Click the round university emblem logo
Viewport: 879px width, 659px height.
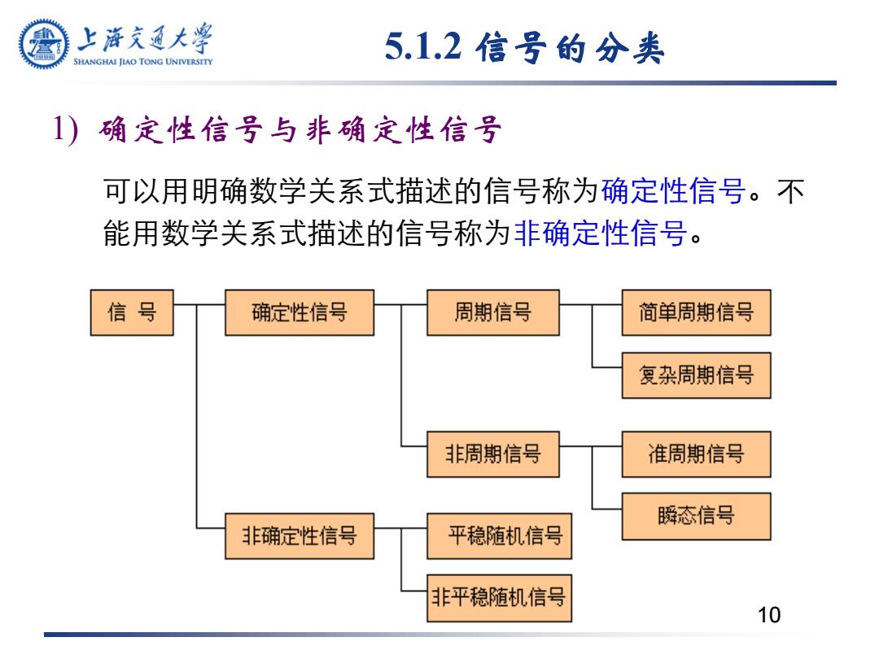[44, 44]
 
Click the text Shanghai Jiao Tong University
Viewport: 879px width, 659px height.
[143, 62]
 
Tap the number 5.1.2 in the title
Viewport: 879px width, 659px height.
[423, 46]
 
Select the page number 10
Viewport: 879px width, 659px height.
[768, 615]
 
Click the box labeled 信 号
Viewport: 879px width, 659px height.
[132, 312]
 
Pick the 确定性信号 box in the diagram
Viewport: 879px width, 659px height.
[300, 312]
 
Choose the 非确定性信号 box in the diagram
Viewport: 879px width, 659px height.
[300, 535]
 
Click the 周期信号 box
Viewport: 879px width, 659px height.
[492, 312]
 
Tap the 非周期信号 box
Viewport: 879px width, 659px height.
[492, 454]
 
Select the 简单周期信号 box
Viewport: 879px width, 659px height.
[696, 312]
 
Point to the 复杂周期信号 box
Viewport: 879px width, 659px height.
[696, 375]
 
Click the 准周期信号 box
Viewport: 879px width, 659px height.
[696, 454]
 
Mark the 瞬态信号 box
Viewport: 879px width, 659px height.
[696, 516]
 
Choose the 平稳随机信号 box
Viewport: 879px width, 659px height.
[499, 535]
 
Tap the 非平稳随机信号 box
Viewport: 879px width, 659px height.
[499, 598]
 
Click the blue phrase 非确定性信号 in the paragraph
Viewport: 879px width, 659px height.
[601, 233]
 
